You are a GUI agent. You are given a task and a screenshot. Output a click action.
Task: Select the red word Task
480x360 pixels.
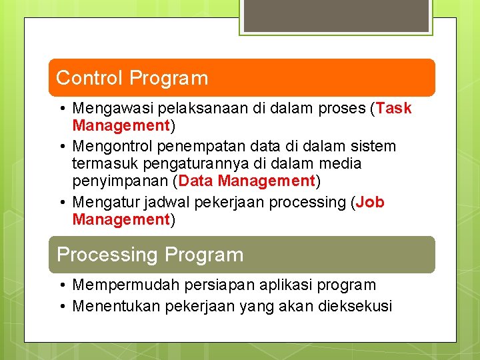[x=394, y=109]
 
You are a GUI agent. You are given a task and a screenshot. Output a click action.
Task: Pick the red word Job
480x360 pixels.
[x=370, y=203]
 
